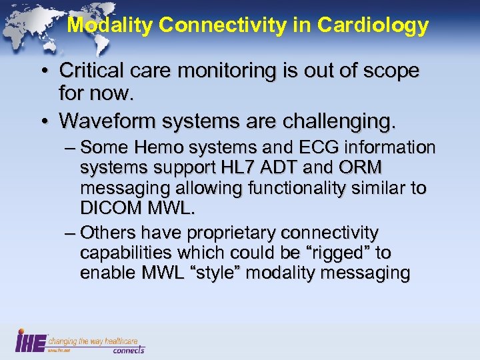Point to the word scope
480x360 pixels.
(x=389, y=71)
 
